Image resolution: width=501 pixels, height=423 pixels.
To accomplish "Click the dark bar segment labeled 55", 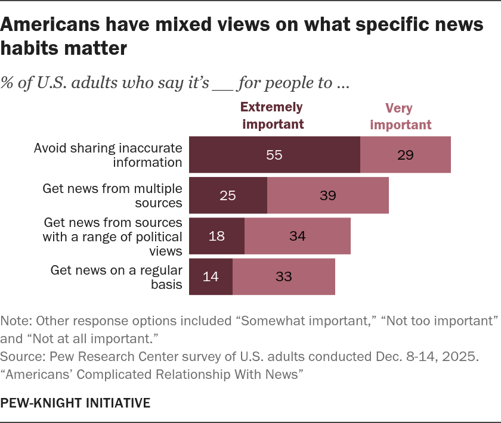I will pos(274,155).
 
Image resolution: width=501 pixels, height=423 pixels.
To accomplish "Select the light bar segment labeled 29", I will pos(406,155).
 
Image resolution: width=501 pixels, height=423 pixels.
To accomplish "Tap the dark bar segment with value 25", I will pos(228,195).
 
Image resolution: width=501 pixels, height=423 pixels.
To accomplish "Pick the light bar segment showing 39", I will pos(328,195).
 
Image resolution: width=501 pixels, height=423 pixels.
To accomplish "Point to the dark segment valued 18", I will pos(217,236).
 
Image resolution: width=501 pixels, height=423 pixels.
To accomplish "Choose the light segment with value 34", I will pos(298,236).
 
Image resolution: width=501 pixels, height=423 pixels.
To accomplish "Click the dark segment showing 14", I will pos(211,276).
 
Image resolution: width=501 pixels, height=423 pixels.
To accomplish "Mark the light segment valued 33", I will pos(284,276).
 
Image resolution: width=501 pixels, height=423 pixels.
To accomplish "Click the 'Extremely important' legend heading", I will pos(271,116).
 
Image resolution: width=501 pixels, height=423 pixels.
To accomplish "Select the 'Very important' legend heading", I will pos(407,117).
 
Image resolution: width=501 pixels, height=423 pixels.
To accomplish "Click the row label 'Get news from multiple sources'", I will pos(112,195).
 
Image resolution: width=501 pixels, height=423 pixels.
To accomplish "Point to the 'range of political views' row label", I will pos(113,237).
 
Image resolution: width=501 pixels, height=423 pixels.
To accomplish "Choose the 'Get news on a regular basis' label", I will pos(116,276).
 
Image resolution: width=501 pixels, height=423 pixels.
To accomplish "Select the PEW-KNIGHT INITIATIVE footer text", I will pos(76,403).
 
